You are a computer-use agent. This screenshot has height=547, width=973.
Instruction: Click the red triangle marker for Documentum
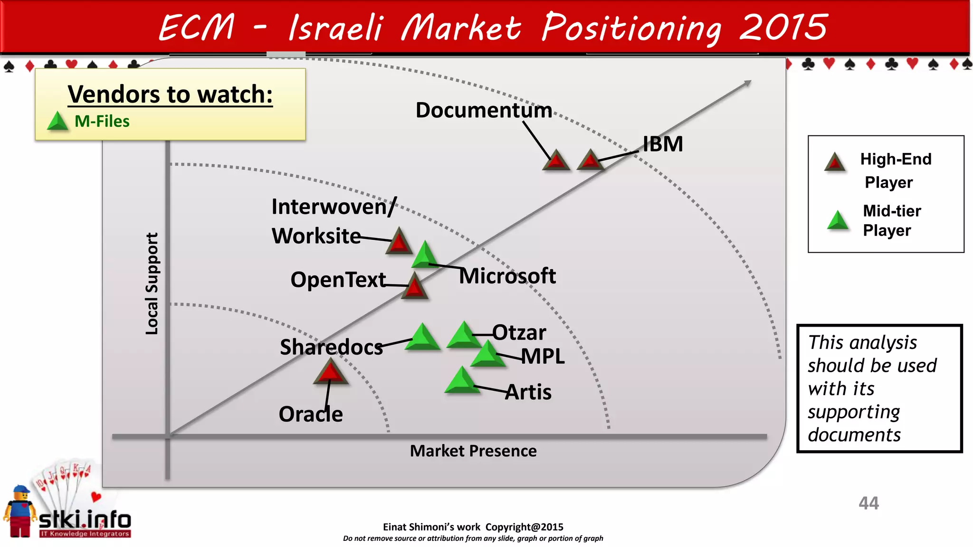click(x=556, y=161)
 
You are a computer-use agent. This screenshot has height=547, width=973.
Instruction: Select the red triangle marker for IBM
click(x=590, y=160)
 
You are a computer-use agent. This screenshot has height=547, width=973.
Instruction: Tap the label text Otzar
click(x=519, y=332)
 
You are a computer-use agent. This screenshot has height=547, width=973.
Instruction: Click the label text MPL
click(x=543, y=356)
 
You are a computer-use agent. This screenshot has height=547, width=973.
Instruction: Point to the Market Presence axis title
click(x=473, y=451)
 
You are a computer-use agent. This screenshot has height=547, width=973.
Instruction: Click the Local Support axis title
click(x=152, y=283)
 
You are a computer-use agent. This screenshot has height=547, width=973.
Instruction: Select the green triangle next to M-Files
click(x=58, y=122)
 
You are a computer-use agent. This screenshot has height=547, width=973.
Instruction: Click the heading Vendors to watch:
click(x=170, y=94)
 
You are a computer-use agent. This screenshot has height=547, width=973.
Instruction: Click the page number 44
click(x=868, y=503)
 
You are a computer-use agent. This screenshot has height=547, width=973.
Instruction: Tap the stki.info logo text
click(x=85, y=520)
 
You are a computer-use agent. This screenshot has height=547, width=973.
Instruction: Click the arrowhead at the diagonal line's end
click(x=747, y=84)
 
